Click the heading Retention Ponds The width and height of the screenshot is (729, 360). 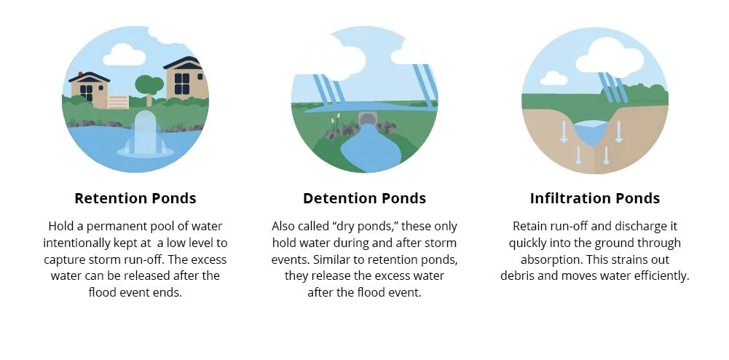[135, 199]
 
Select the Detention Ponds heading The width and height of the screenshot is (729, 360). [364, 199]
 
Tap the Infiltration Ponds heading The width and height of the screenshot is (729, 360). [595, 199]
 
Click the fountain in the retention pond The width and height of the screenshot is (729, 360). [145, 135]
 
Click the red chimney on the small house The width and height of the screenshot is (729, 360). [80, 74]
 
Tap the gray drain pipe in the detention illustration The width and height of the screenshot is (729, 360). [367, 119]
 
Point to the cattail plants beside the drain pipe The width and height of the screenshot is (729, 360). [335, 122]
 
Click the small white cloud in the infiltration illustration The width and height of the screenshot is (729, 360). [553, 78]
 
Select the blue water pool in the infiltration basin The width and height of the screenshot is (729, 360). [591, 132]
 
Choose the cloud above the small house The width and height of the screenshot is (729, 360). [124, 55]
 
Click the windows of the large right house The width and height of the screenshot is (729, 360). [182, 84]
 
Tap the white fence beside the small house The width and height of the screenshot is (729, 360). [118, 102]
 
